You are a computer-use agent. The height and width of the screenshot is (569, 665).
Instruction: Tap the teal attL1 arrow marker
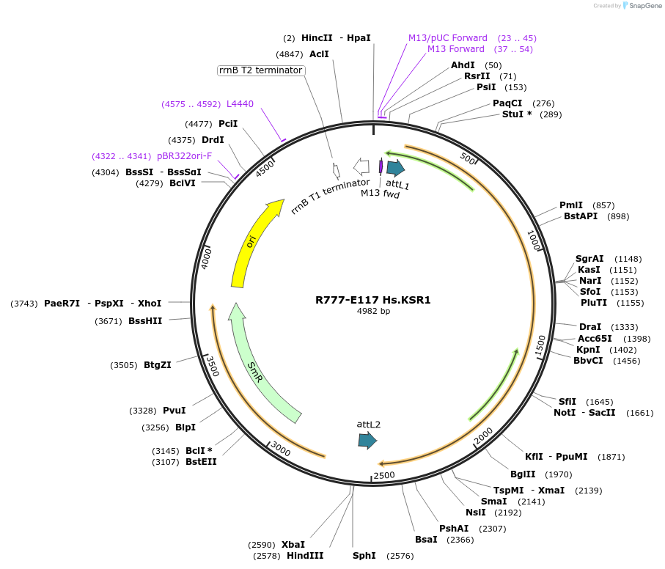point(395,168)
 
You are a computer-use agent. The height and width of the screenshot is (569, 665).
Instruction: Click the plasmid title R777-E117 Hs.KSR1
point(373,300)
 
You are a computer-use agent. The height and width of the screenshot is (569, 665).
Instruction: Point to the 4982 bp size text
point(373,311)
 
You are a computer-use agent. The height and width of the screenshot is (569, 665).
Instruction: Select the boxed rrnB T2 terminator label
point(260,70)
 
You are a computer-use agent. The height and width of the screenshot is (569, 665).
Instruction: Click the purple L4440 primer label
point(240,104)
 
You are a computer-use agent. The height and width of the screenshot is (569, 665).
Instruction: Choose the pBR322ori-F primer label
point(184,156)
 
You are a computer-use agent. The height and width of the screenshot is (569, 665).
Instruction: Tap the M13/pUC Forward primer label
point(448,38)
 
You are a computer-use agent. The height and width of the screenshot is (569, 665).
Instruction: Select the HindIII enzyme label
point(305,556)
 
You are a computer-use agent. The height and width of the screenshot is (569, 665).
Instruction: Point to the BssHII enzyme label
point(145,320)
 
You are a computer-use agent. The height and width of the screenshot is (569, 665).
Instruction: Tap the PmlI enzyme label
point(571,205)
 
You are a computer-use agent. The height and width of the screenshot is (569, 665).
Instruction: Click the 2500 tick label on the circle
point(385,476)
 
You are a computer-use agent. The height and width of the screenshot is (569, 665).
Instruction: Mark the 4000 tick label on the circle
point(207,257)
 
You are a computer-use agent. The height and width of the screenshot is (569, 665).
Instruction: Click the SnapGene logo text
point(643,6)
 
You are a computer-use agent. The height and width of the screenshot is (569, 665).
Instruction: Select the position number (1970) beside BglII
point(559,474)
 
